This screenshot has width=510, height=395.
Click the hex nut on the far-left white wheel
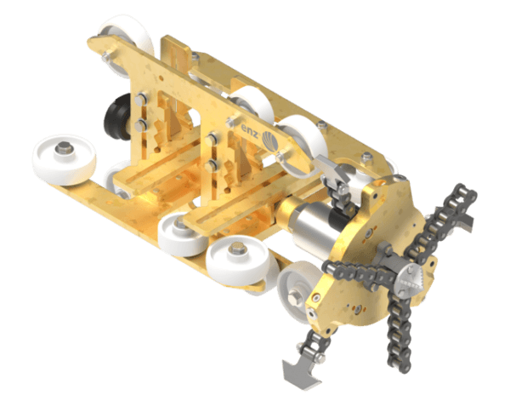(x=65, y=153)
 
